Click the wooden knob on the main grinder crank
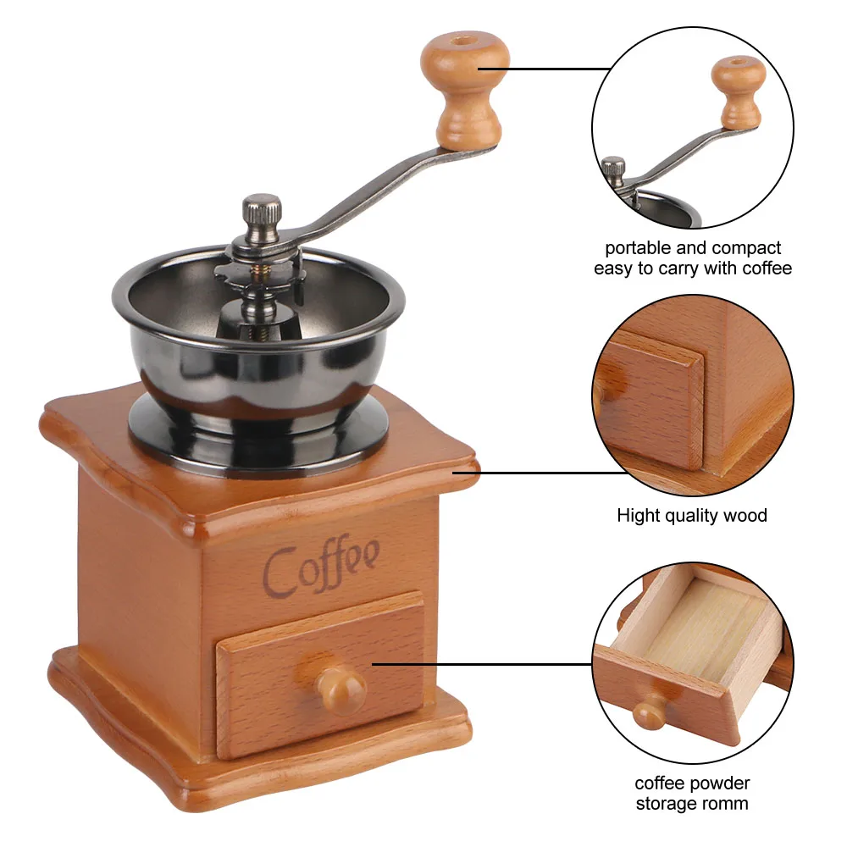(465, 89)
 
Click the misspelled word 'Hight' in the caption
(636, 515)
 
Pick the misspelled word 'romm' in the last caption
(726, 803)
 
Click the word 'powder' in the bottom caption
(725, 783)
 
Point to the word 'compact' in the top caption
(746, 249)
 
